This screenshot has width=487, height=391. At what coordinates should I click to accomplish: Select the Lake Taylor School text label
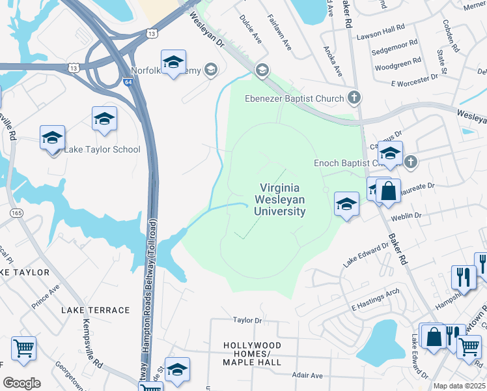tap(102, 149)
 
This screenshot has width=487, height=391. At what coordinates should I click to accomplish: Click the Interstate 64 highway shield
tap(128, 82)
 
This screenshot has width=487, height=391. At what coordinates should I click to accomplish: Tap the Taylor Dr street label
tap(247, 320)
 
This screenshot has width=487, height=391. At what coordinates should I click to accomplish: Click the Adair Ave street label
tap(307, 375)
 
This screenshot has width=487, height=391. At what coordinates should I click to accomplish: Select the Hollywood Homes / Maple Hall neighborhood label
tap(252, 353)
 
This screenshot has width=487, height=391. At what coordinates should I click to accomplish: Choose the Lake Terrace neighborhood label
tap(96, 310)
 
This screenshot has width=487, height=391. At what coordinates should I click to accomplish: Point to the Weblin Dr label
tap(407, 215)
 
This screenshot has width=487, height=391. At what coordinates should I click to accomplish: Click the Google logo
tap(21, 383)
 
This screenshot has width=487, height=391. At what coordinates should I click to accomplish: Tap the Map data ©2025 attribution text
tap(459, 386)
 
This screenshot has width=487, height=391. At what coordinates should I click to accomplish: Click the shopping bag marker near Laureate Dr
tap(388, 191)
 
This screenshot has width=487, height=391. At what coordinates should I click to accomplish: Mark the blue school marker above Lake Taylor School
tap(104, 119)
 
